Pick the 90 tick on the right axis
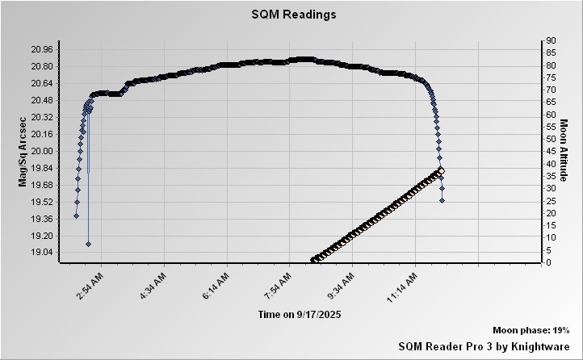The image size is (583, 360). [549, 40]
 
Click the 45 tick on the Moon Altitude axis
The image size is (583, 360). [549, 151]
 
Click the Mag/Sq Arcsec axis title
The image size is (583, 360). [23, 151]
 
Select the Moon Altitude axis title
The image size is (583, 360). [564, 151]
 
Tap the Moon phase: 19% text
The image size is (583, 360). [531, 331]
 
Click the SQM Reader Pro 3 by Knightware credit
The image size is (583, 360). [484, 345]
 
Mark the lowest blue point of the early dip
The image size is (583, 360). [88, 244]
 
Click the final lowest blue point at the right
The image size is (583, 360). [442, 200]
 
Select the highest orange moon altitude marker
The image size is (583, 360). [441, 170]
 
